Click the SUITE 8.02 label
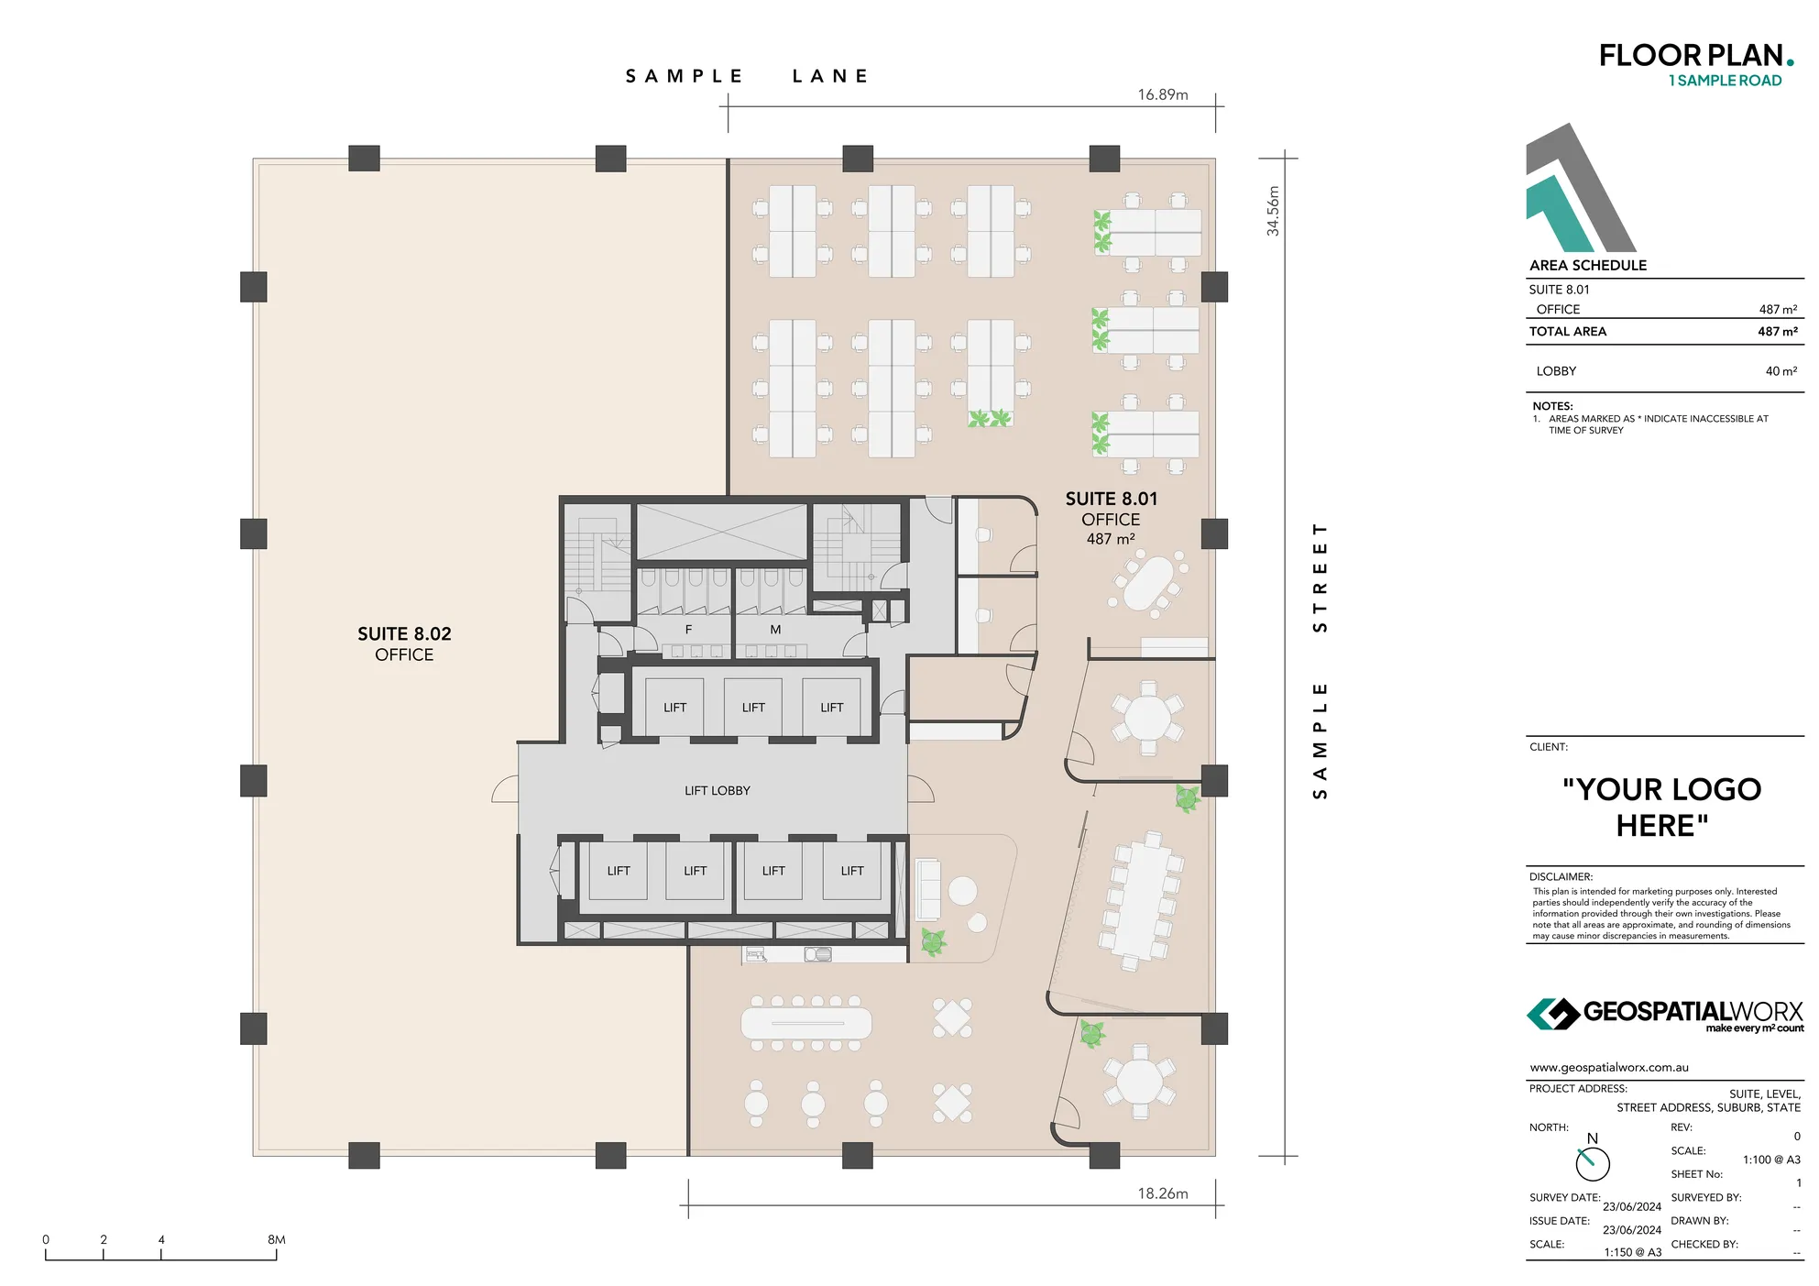404,634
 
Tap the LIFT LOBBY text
717,790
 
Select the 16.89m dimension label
1162,94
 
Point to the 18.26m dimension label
1162,1193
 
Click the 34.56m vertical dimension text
1273,211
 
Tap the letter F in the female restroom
688,630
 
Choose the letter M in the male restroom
775,630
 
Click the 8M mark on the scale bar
276,1239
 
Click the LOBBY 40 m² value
1781,371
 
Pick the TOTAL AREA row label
1567,332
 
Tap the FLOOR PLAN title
1690,56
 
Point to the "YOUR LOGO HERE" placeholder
1661,808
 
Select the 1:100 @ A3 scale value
1770,1160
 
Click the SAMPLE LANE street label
747,76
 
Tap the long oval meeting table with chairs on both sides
805,1023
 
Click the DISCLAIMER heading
1561,877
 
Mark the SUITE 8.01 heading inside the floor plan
1111,499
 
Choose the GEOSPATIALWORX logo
1664,1015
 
